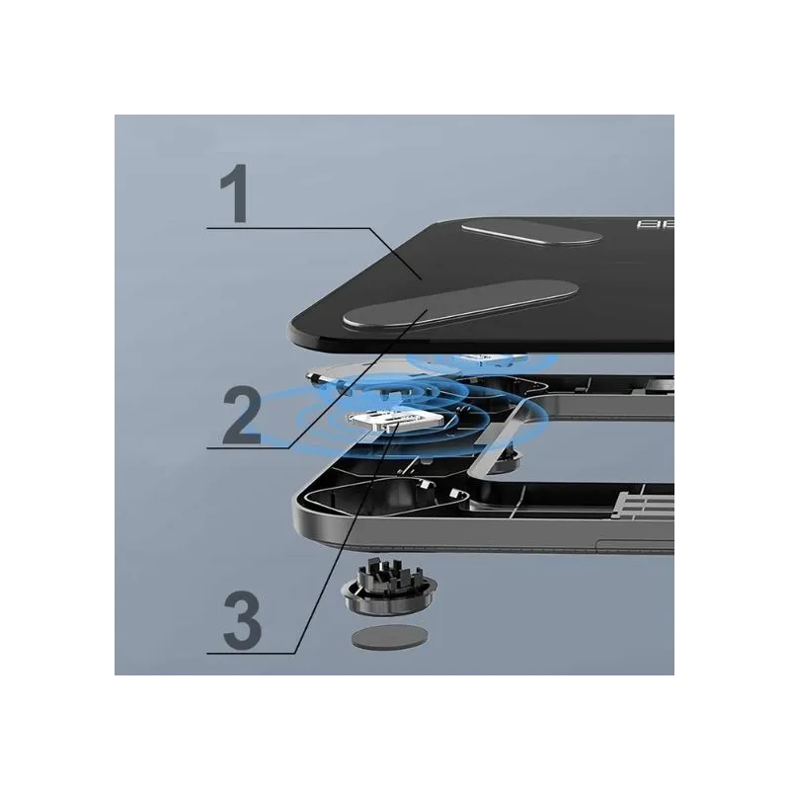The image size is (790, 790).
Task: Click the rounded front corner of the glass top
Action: point(301,327)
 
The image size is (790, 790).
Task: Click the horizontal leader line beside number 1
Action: point(286,229)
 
